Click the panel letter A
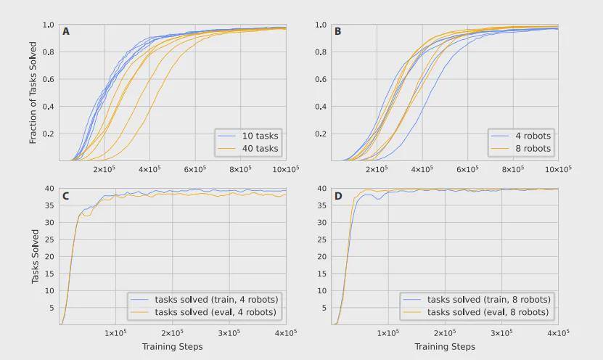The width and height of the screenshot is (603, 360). (66, 31)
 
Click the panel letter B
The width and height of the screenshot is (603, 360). (338, 31)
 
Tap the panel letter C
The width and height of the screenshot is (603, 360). (66, 195)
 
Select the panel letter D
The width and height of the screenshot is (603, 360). (338, 195)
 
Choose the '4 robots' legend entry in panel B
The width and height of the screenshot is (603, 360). (532, 136)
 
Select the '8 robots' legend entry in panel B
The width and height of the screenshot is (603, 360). (532, 149)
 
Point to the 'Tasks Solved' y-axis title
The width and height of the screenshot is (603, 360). (34, 256)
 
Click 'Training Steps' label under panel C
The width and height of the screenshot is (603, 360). (173, 347)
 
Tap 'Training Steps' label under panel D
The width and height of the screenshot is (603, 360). (445, 347)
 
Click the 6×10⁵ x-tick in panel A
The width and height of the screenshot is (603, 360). (195, 169)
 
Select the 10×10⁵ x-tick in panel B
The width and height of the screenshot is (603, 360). (557, 169)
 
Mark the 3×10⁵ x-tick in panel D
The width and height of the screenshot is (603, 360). (501, 333)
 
